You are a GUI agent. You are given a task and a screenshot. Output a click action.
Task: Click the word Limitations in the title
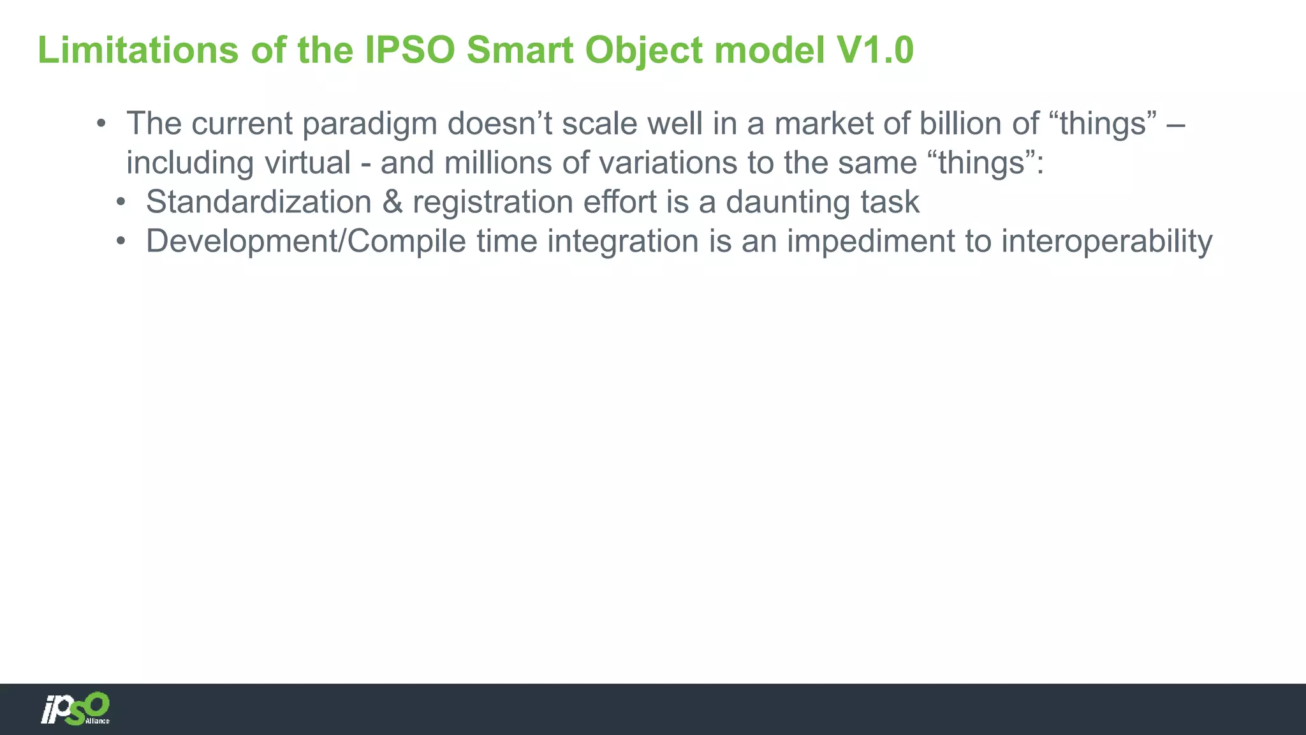click(138, 50)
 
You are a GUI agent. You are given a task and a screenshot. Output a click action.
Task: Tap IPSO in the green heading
click(410, 50)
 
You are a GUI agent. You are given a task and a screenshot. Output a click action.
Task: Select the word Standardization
click(259, 202)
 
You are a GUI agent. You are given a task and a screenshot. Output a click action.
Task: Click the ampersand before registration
click(392, 202)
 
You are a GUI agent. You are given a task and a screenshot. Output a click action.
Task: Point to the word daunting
click(788, 202)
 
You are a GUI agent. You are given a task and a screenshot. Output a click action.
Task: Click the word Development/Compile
click(306, 241)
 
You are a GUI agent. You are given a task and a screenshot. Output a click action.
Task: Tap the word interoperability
click(1106, 241)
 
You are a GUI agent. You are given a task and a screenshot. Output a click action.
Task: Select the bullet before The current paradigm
click(101, 123)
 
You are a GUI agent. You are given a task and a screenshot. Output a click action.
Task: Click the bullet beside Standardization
click(121, 202)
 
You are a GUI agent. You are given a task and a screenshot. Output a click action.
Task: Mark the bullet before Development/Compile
click(121, 242)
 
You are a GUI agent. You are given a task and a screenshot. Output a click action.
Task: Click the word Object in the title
click(643, 50)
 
